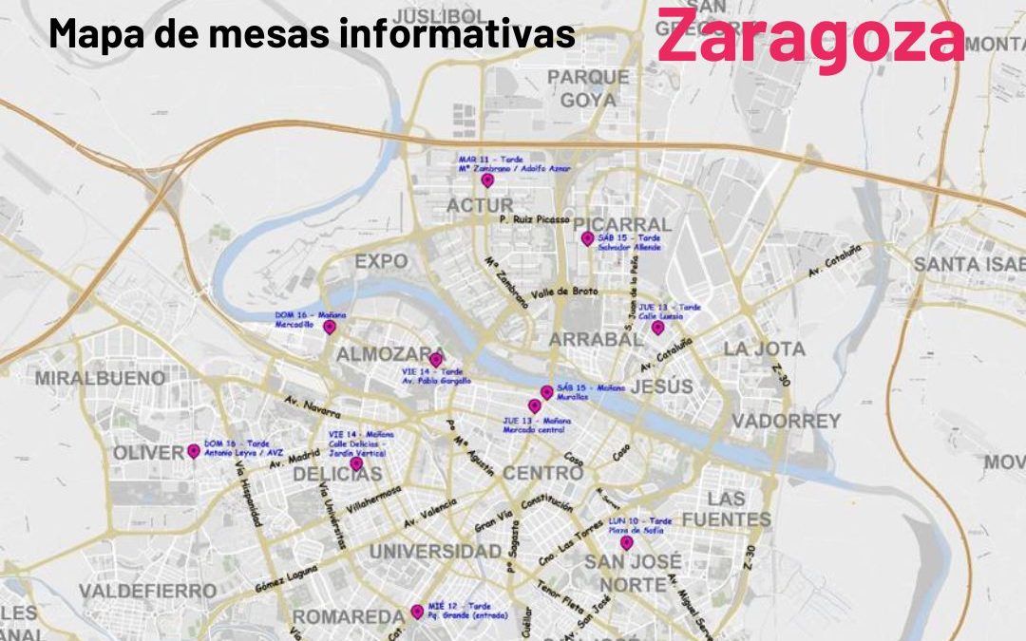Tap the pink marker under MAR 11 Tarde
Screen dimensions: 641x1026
tap(487, 179)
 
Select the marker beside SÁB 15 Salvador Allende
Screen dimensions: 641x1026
tap(587, 238)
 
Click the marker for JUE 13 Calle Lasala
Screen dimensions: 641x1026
tap(657, 327)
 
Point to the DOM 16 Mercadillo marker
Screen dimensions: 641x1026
tap(330, 327)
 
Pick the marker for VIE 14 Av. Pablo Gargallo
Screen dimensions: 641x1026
tap(435, 360)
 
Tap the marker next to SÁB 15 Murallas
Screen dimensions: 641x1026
tap(546, 391)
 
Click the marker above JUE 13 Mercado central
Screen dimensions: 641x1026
tap(534, 405)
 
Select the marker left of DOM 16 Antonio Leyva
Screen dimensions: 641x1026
tap(194, 451)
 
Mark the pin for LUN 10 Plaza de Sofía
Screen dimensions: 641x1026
tap(626, 543)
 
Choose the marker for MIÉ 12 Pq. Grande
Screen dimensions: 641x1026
tap(416, 612)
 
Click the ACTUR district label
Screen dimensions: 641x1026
tap(480, 206)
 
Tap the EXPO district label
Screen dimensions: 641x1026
tap(381, 261)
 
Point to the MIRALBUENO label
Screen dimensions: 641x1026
tap(100, 378)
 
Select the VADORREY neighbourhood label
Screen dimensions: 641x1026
tap(786, 420)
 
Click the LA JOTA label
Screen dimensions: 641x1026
tap(764, 349)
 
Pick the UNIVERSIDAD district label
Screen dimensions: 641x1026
tap(435, 552)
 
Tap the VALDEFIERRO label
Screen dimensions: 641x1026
tap(147, 592)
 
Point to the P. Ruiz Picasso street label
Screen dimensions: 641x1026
tap(535, 218)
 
